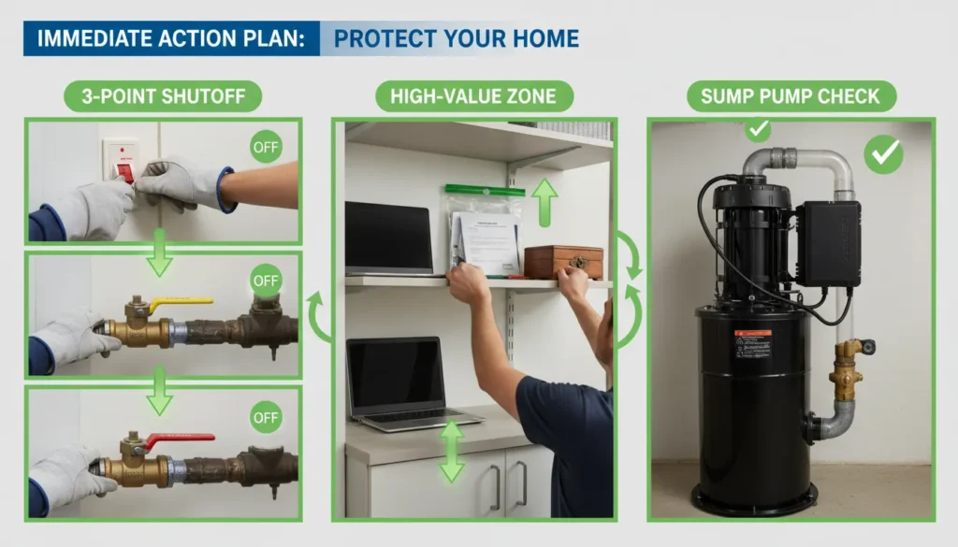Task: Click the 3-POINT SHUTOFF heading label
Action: pyautogui.click(x=162, y=95)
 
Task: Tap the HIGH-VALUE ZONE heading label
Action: pyautogui.click(x=474, y=95)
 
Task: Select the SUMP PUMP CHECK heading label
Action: pyautogui.click(x=791, y=95)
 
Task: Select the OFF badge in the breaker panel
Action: pyautogui.click(x=266, y=148)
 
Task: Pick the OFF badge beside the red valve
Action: pyautogui.click(x=266, y=416)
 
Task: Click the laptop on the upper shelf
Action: pyautogui.click(x=389, y=238)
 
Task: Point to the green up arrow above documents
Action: pyautogui.click(x=544, y=201)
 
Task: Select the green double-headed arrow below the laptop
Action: pyautogui.click(x=452, y=452)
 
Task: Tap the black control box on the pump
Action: pyautogui.click(x=827, y=243)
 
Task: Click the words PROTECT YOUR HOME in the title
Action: pyautogui.click(x=456, y=38)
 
